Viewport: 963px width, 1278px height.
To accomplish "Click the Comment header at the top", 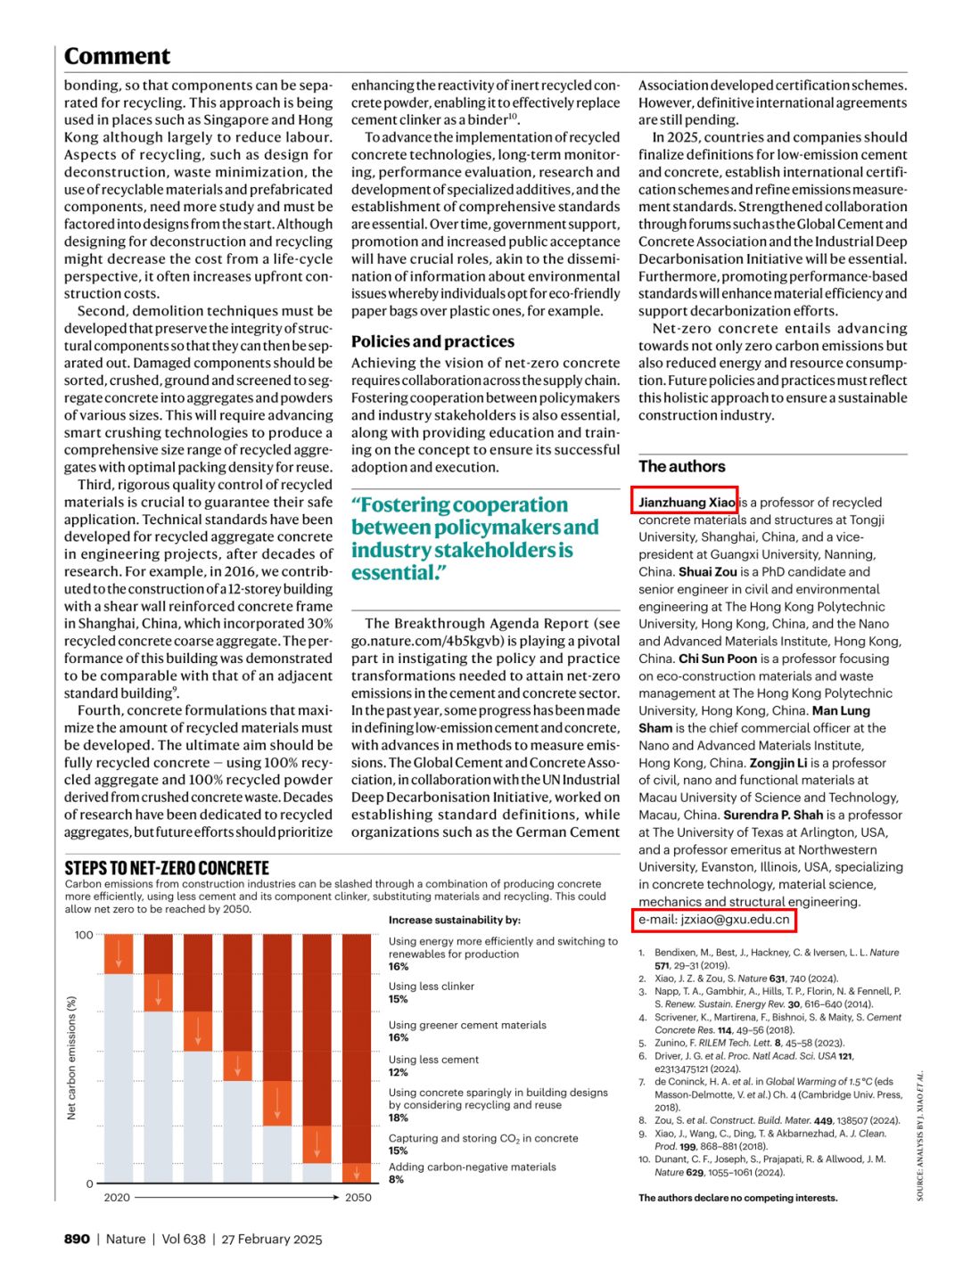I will (117, 56).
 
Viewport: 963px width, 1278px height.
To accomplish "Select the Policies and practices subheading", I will (432, 341).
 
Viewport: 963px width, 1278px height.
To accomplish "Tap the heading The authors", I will (681, 466).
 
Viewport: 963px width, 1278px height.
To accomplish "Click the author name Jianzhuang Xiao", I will (686, 502).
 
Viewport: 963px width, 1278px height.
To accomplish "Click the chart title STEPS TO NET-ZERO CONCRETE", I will (167, 868).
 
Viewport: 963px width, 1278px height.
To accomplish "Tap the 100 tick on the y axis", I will (84, 935).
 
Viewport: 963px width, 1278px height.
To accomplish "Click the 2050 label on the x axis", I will (358, 1197).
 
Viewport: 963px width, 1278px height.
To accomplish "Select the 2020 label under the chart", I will (117, 1197).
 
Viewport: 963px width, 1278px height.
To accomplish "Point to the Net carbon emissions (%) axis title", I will (71, 1058).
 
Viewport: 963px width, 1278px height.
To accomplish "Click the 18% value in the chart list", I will (399, 1118).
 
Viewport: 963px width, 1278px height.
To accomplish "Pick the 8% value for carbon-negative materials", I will (396, 1179).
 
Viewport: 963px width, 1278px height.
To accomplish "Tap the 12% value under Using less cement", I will (399, 1072).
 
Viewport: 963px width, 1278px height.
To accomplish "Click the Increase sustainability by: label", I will (455, 920).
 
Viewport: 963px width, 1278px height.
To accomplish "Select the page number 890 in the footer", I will (77, 1239).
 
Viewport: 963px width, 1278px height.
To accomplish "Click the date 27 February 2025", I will (272, 1239).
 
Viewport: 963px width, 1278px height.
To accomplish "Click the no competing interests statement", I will (737, 1198).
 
